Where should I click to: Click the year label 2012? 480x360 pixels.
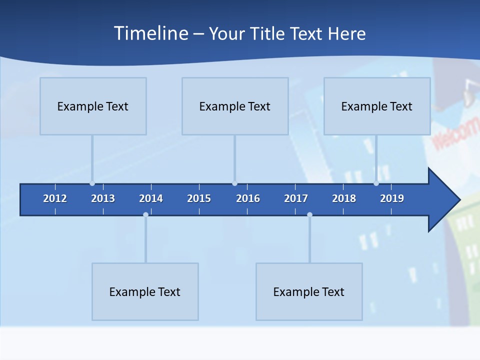55,198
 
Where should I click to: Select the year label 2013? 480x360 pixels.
103,198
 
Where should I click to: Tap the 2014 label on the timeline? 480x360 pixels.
151,198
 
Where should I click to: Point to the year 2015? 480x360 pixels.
199,198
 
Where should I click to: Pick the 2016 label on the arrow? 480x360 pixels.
248,198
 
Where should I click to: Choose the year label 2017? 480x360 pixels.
296,198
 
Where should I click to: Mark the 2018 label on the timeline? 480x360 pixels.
344,198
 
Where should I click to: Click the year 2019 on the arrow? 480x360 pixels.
392,198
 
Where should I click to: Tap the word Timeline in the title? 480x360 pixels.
151,33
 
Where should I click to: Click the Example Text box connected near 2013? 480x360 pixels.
93,106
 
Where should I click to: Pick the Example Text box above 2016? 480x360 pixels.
235,106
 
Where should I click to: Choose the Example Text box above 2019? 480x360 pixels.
377,106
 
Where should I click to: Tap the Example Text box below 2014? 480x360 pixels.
145,291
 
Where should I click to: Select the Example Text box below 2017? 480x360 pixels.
309,291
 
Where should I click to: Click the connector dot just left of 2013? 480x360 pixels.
92,183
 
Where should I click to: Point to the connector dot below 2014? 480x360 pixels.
145,214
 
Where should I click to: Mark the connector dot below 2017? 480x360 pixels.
309,214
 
